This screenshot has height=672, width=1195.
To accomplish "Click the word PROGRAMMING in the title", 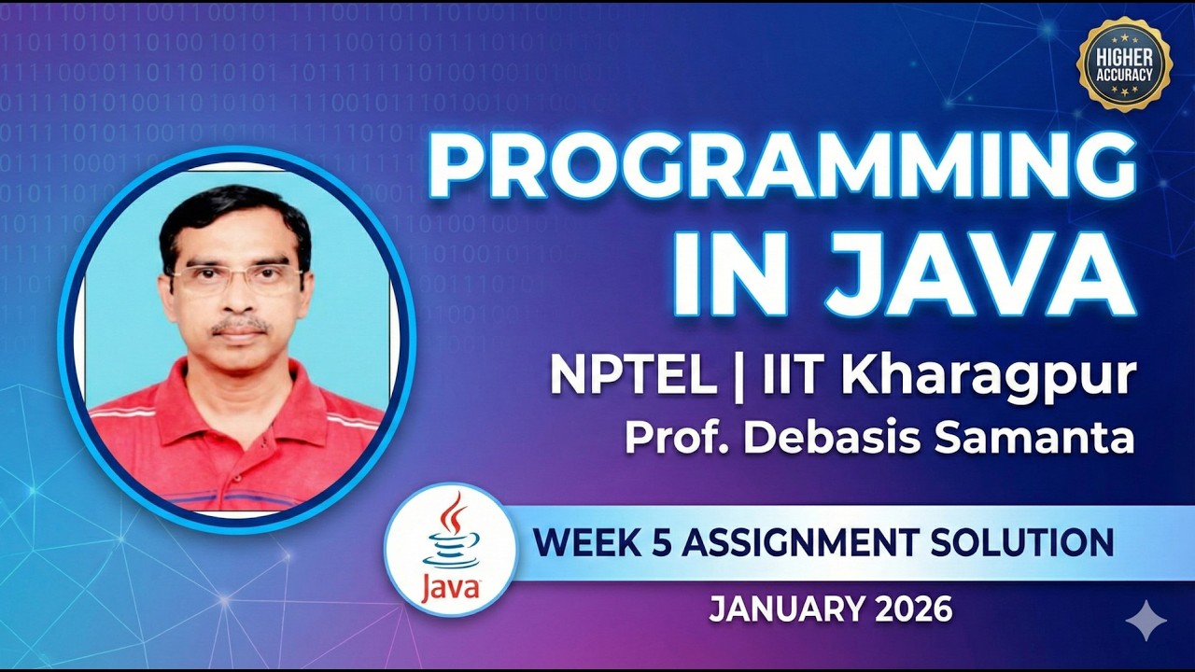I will [x=782, y=167].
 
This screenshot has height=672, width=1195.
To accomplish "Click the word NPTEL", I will [x=633, y=376].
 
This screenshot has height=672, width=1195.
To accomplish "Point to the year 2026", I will [x=914, y=609].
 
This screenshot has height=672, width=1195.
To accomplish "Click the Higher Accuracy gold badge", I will [x=1124, y=64].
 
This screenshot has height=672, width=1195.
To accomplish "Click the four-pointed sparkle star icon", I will [x=1145, y=621].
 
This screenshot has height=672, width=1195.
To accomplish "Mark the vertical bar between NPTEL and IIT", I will [x=738, y=376].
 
